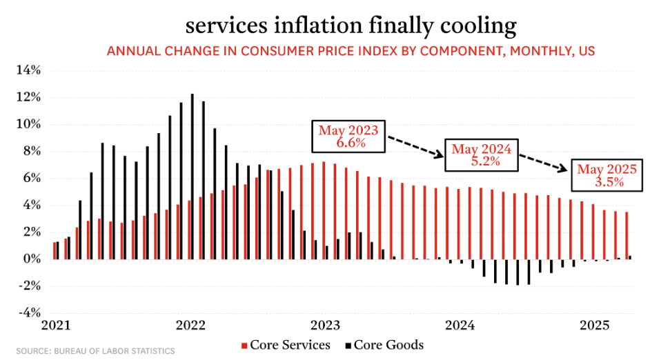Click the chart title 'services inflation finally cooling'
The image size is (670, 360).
[x=351, y=26]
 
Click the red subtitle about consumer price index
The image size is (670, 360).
[x=351, y=51]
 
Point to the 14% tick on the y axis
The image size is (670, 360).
[x=28, y=70]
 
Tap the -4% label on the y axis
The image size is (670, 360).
[x=28, y=312]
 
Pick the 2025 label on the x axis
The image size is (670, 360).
[x=593, y=325]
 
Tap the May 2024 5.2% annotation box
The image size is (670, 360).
[x=482, y=155]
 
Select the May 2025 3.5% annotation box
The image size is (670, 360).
[x=607, y=176]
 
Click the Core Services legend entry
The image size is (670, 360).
[x=286, y=345]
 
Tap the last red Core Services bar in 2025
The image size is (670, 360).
[x=627, y=235]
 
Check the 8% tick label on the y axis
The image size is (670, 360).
[x=31, y=152]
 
